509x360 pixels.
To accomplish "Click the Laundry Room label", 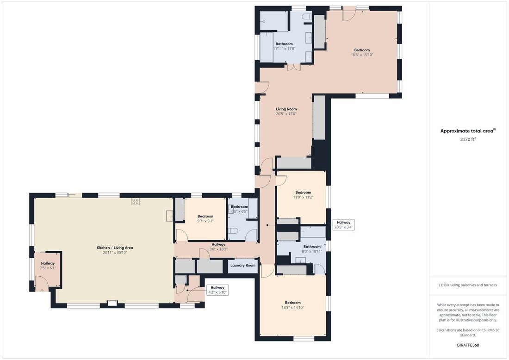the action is point(243,265).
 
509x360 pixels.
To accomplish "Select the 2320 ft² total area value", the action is point(468,139).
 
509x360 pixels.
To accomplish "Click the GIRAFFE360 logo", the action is point(468,345).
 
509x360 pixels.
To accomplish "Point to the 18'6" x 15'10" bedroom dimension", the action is point(362,55).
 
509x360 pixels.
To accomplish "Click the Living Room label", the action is point(286,109).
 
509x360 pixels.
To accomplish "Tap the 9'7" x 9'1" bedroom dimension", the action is point(205,221).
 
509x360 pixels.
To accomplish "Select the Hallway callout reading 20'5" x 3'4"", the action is point(343,224).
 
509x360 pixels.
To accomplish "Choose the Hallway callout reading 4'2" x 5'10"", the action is point(217,290).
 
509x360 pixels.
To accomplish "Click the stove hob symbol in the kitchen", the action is point(136,201).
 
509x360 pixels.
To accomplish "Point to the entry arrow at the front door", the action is point(42,291).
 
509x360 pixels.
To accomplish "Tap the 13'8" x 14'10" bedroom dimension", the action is point(293,307).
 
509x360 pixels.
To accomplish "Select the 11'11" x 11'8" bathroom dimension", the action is point(284,49).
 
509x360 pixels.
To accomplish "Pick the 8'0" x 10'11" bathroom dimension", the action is point(312,251).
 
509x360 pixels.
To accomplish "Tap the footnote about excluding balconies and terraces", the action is point(468,285).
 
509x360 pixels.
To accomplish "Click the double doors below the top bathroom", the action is point(293,67).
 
